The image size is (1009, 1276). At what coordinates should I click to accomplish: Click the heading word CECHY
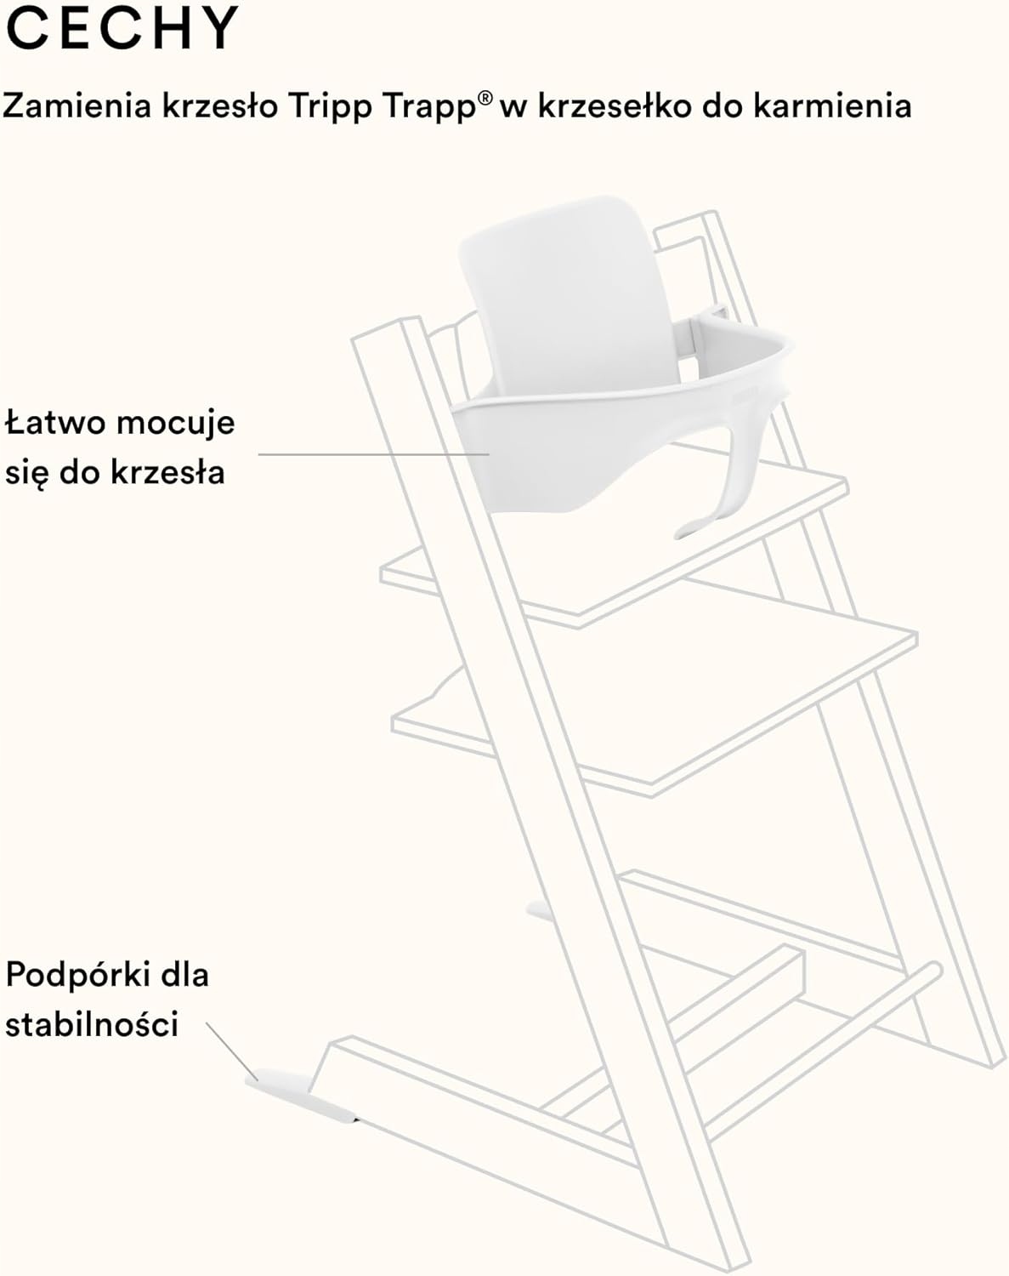pyautogui.click(x=122, y=28)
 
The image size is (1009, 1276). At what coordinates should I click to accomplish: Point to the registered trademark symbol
pyautogui.click(x=485, y=98)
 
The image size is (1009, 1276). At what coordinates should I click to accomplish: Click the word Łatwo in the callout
pyautogui.click(x=54, y=422)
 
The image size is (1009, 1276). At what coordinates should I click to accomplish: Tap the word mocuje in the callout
pyautogui.click(x=175, y=424)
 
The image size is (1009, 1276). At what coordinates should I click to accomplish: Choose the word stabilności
pyautogui.click(x=92, y=1023)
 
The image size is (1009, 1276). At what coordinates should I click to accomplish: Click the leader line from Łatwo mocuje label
pyautogui.click(x=374, y=454)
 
